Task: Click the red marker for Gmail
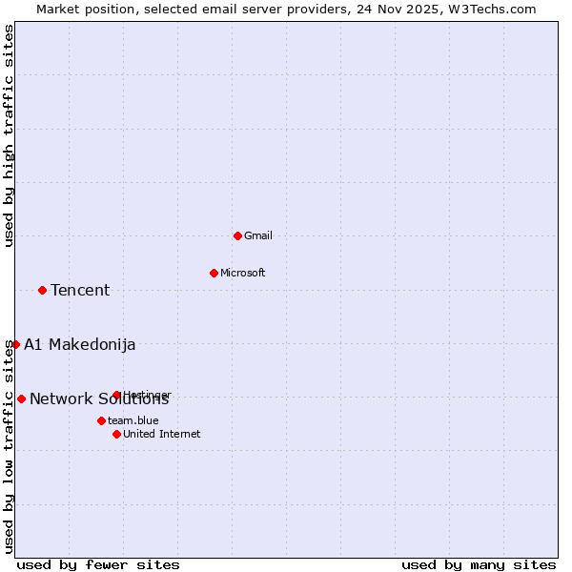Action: tap(237, 235)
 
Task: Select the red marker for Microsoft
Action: tap(214, 273)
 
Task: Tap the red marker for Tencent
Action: tap(42, 290)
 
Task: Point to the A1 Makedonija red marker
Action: tap(15, 344)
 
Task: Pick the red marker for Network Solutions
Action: tap(21, 398)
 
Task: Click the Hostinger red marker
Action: tap(116, 395)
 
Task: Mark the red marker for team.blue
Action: tap(101, 420)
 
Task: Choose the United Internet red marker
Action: tap(116, 434)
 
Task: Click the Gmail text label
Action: tap(258, 235)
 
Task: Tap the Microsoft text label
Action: tap(243, 273)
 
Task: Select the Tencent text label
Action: tap(80, 290)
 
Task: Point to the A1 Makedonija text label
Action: tap(79, 344)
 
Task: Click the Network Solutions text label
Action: tap(99, 398)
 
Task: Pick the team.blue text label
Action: tap(133, 420)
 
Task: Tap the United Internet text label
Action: tap(162, 434)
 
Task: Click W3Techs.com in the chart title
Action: tap(493, 9)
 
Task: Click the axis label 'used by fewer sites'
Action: tap(98, 564)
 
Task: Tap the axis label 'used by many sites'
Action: tap(479, 564)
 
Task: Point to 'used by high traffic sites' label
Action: tap(9, 135)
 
